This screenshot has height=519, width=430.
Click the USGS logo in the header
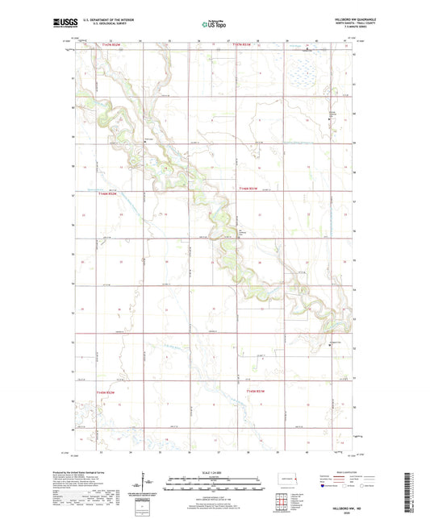click(x=61, y=24)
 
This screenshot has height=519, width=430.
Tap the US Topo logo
click(x=211, y=25)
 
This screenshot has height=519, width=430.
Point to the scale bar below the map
click(x=215, y=486)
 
